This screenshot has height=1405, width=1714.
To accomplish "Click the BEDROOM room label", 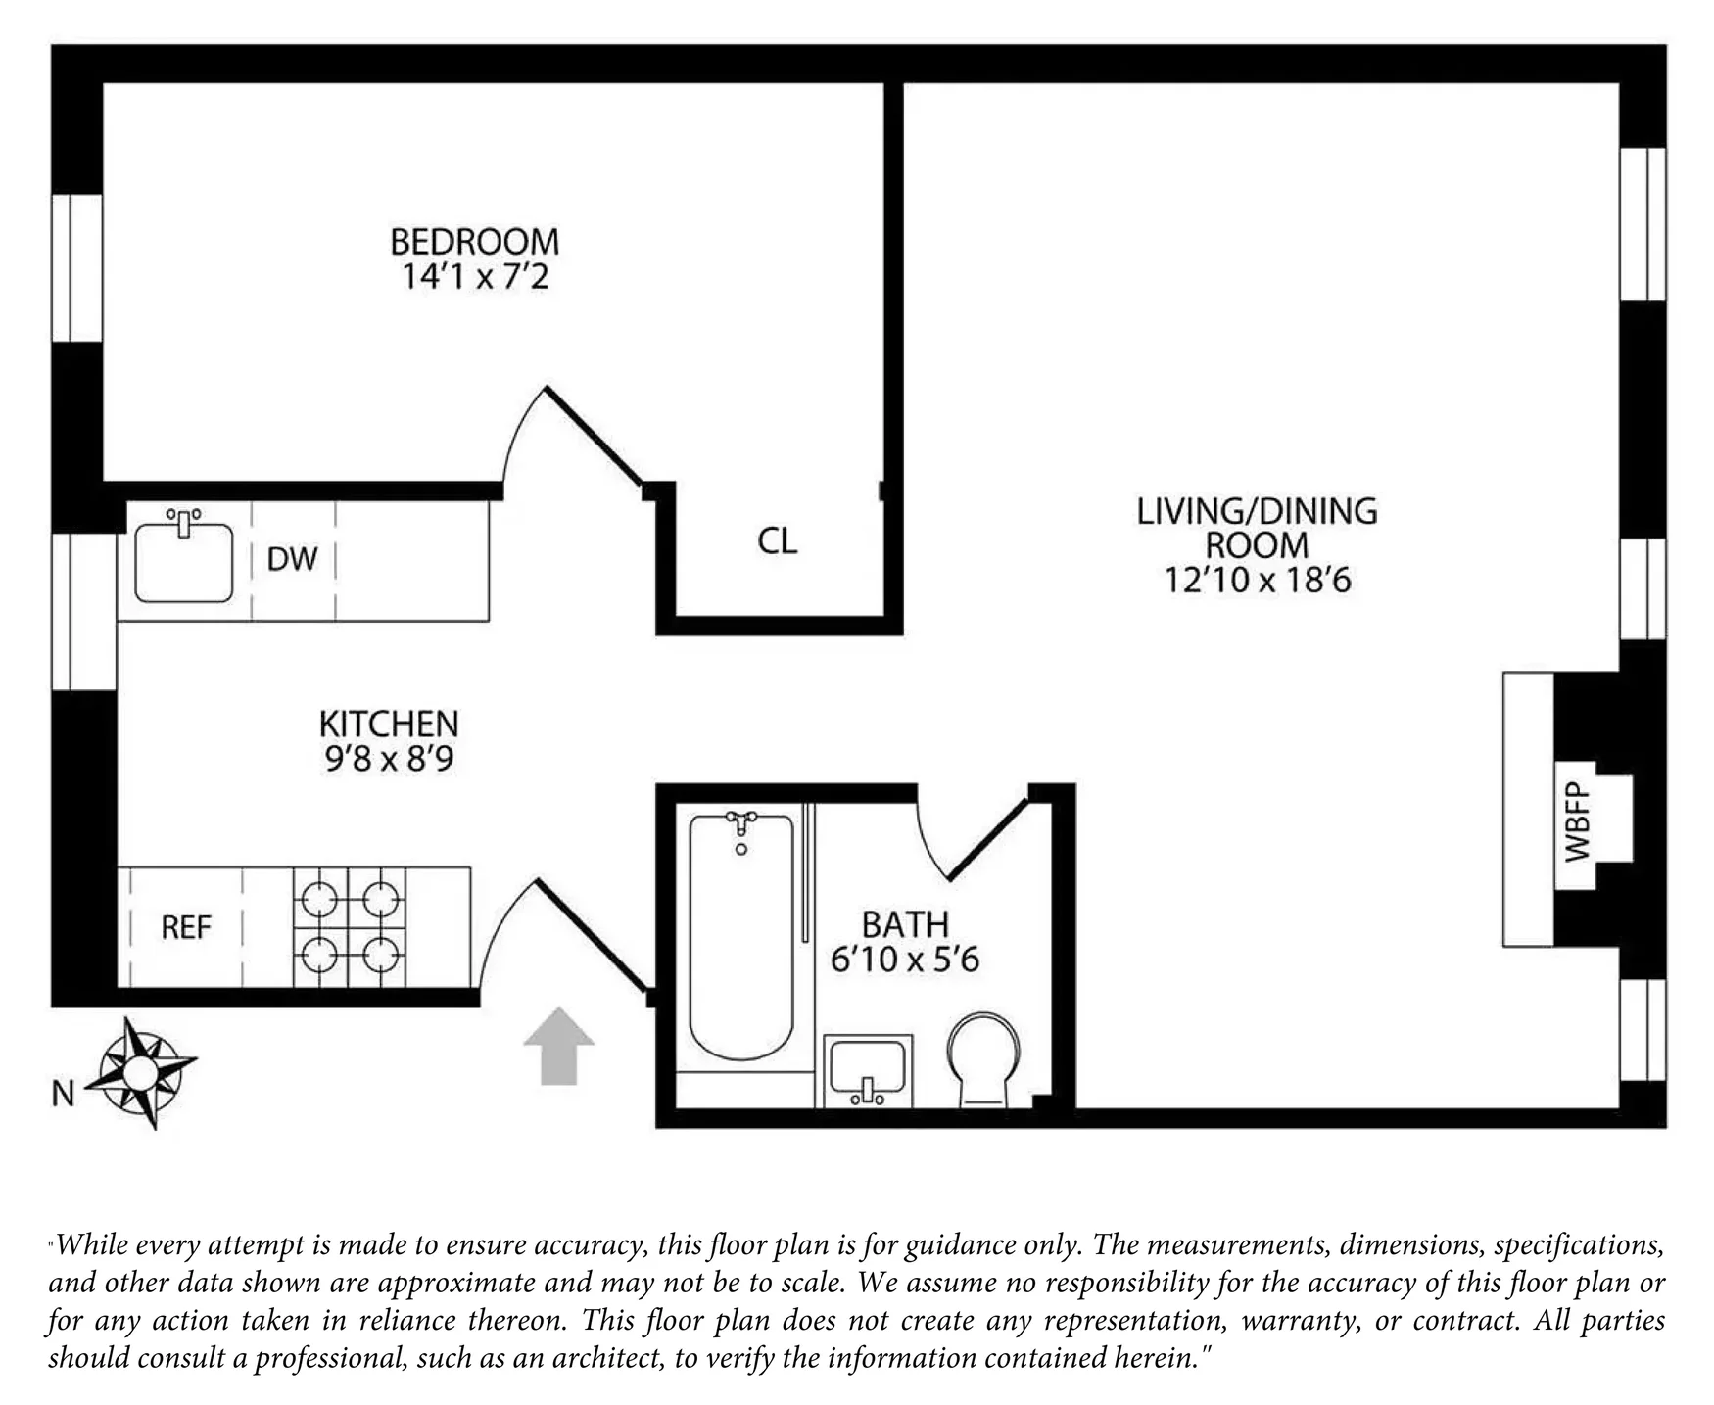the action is pyautogui.click(x=475, y=241).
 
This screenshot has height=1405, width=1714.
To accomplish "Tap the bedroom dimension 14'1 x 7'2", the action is pyautogui.click(x=475, y=277).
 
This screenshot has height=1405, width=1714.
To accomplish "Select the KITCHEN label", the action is pyautogui.click(x=389, y=724).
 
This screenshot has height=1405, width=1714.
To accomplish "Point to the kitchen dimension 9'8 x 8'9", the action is pyautogui.click(x=389, y=759).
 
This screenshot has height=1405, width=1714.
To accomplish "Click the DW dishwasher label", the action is pyautogui.click(x=293, y=559).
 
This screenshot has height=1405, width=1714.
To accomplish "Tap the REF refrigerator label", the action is pyautogui.click(x=186, y=927).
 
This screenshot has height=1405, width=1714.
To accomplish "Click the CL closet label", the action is pyautogui.click(x=778, y=540).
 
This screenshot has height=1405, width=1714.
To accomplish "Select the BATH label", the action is pyautogui.click(x=905, y=924).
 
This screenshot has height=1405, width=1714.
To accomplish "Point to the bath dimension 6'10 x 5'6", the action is pyautogui.click(x=905, y=960).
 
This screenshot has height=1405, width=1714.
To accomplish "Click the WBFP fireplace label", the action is pyautogui.click(x=1577, y=821).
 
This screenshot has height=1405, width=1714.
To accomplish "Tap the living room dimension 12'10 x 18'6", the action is pyautogui.click(x=1258, y=581).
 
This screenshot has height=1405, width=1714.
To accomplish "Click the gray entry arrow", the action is pyautogui.click(x=558, y=1045).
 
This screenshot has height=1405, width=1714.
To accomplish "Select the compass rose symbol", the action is pyautogui.click(x=141, y=1072).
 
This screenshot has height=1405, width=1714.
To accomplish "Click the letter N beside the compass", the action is pyautogui.click(x=63, y=1094).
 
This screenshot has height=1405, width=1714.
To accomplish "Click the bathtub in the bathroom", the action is pyautogui.click(x=741, y=936).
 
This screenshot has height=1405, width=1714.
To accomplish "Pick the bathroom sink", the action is pyautogui.click(x=868, y=1070).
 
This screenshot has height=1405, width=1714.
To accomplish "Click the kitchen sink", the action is pyautogui.click(x=183, y=560).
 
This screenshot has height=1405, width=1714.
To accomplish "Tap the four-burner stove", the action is pyautogui.click(x=350, y=926).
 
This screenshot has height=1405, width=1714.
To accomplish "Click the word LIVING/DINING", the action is pyautogui.click(x=1258, y=510).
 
